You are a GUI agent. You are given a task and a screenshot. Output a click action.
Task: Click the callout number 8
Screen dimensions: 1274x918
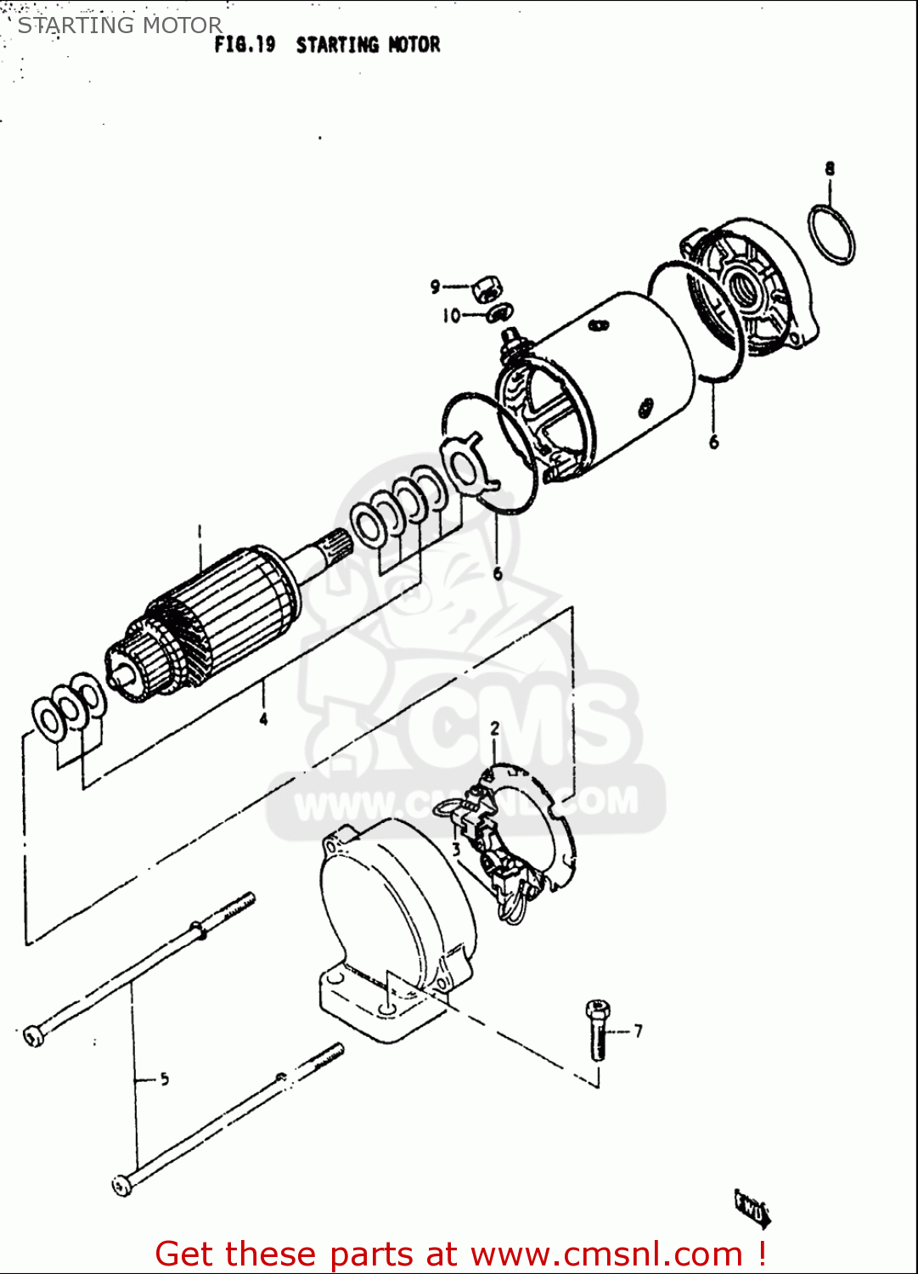point(830,168)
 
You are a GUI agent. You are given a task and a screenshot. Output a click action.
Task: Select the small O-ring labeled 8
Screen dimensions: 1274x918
point(831,234)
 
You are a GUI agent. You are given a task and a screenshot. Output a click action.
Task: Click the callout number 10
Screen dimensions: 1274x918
point(451,316)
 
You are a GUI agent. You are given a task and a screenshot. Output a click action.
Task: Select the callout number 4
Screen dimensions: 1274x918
point(263,719)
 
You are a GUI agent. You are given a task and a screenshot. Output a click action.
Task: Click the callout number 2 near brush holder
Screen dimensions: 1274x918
point(495,729)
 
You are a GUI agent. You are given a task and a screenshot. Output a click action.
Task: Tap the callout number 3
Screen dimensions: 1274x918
point(456,848)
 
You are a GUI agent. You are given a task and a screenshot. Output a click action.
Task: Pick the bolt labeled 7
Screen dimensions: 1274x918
point(598,1029)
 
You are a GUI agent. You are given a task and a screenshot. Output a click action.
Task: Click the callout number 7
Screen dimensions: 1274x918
point(638,1030)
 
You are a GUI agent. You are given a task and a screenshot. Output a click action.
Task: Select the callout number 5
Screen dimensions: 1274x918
point(164,1079)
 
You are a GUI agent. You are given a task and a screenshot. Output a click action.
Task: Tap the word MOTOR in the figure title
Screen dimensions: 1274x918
point(414,45)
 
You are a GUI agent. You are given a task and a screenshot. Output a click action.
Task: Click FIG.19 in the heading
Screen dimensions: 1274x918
point(245,45)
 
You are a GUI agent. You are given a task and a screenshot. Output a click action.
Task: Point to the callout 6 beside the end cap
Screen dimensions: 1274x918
point(713,442)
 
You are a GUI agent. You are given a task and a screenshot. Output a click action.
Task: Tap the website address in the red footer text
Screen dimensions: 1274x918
point(607,1254)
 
